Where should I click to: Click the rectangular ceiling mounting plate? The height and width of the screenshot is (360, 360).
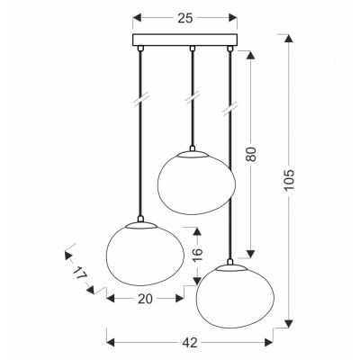tap(186, 41)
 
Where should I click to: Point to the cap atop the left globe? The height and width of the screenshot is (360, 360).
tap(142, 220)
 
